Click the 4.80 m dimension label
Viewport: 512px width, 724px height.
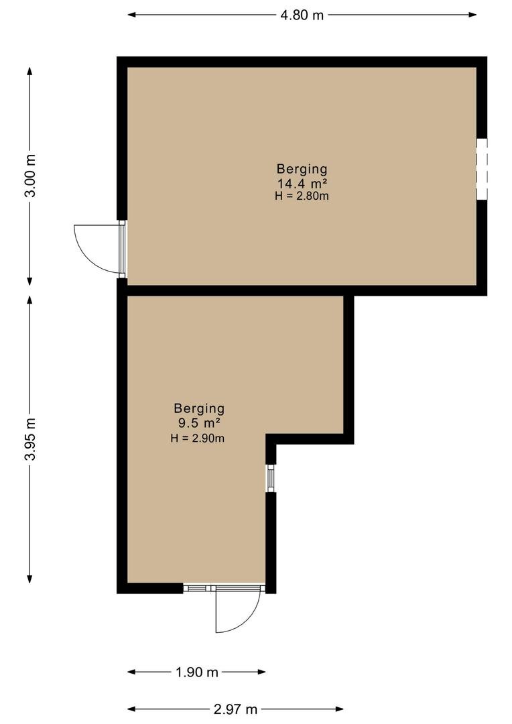(302, 15)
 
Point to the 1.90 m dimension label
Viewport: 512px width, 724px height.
(196, 672)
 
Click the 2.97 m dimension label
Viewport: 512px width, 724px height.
(235, 709)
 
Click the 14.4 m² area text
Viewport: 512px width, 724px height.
(302, 183)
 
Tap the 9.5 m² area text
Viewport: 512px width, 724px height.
(198, 423)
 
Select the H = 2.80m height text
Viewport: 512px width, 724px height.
(302, 196)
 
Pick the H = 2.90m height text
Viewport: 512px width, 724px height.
(198, 438)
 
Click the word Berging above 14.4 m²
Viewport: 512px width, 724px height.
(302, 170)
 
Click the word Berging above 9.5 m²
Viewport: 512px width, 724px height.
(200, 409)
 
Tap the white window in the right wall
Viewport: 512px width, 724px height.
(482, 169)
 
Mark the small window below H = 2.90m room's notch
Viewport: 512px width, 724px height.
(271, 479)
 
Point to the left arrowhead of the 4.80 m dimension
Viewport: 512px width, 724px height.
(131, 15)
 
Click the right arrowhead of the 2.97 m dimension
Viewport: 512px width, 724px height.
(339, 709)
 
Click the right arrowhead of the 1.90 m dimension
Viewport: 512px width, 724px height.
(261, 672)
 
